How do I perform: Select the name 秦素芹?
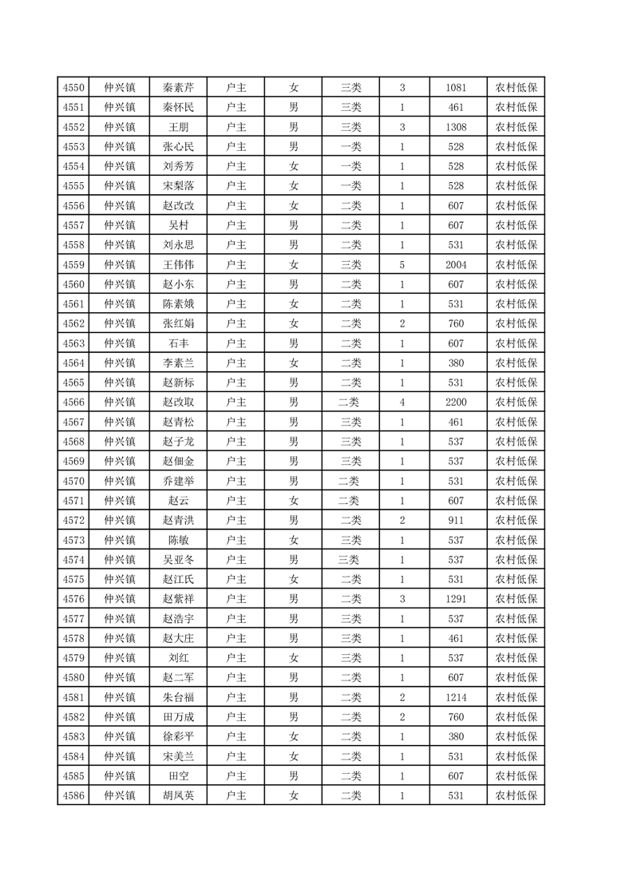point(178,88)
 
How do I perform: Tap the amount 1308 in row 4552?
point(457,127)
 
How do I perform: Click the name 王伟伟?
point(178,265)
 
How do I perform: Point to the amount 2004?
point(457,265)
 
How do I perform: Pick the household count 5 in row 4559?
point(402,265)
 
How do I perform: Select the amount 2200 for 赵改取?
point(457,402)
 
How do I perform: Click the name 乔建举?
point(178,482)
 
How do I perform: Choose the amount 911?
point(457,521)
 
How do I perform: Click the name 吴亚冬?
point(178,560)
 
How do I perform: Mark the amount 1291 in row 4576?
point(457,599)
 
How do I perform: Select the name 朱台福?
point(178,697)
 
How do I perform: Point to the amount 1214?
point(457,697)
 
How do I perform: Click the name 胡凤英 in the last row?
point(178,795)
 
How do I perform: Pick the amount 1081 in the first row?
point(457,88)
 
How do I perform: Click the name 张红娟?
point(178,323)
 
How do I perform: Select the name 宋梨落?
point(178,186)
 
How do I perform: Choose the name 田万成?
point(178,717)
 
